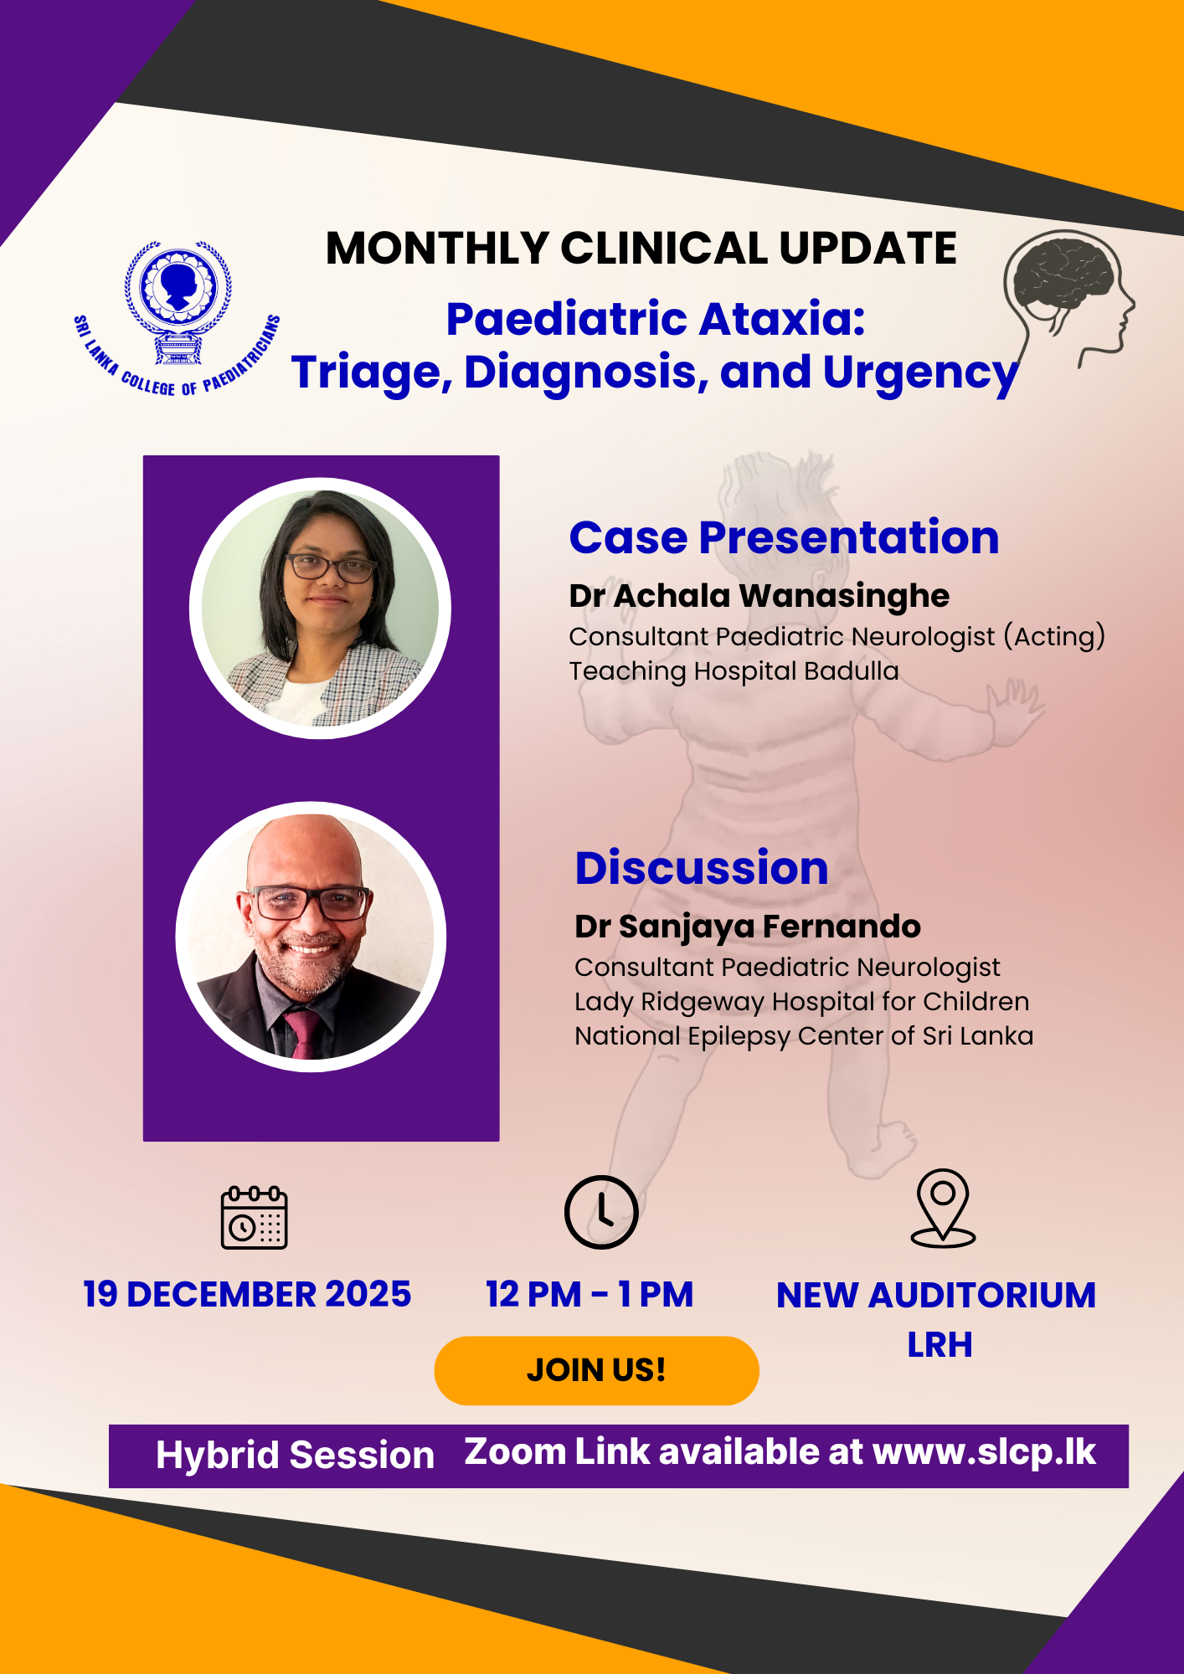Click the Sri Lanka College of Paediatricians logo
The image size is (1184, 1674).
tap(177, 318)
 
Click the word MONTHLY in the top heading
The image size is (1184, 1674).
tap(437, 249)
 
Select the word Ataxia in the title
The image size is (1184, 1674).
tap(782, 319)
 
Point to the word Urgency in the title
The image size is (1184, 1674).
tap(921, 373)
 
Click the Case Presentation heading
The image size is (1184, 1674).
tap(784, 537)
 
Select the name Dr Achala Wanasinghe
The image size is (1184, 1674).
tap(759, 596)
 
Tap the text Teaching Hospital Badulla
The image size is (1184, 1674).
tap(734, 671)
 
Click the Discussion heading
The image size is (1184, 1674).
tap(702, 868)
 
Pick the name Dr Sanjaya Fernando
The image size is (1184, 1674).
tap(747, 927)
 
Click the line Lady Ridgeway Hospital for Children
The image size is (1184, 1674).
tap(801, 1002)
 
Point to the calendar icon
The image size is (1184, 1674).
tap(254, 1217)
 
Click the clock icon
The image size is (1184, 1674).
tap(601, 1212)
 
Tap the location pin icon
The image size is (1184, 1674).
tap(943, 1209)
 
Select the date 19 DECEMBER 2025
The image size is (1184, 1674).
tap(247, 1294)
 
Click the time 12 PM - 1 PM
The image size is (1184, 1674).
tap(589, 1294)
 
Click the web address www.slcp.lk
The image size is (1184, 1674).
tap(984, 1452)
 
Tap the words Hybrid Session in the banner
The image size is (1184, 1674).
tap(295, 1456)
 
